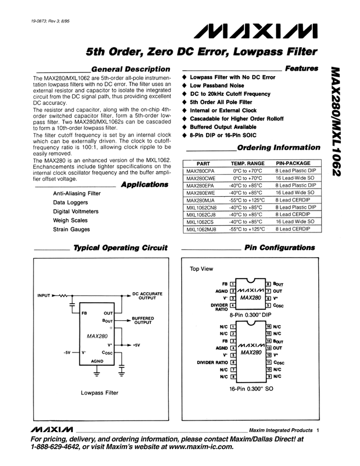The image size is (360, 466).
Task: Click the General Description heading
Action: (130, 69)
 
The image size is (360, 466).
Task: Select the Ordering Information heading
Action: (278, 147)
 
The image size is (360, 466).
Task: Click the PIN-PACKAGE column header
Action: (293, 163)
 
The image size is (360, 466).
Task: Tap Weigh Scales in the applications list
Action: (70, 220)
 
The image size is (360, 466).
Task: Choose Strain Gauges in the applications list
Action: (71, 229)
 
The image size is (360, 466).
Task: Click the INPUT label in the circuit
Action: (44, 296)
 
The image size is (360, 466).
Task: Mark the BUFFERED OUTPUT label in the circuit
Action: (144, 321)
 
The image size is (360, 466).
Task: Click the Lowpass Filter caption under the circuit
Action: (100, 393)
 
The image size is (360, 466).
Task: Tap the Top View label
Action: (201, 269)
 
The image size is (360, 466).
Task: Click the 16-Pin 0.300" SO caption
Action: (252, 388)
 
